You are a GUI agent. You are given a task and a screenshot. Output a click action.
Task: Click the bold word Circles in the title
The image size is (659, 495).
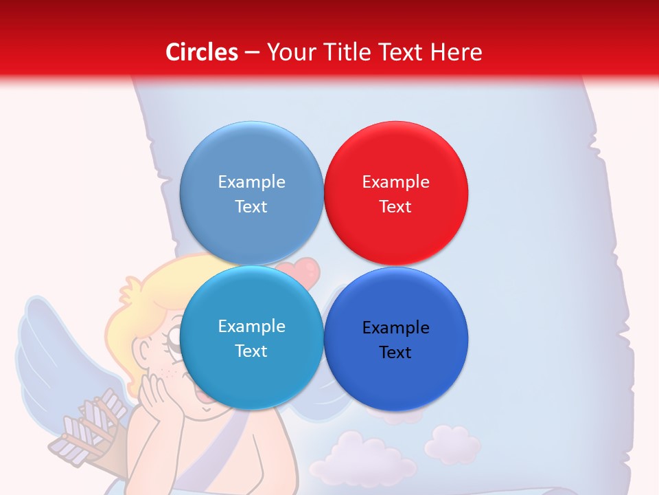pyautogui.click(x=202, y=52)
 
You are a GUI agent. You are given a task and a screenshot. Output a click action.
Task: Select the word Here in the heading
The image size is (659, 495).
pyautogui.click(x=456, y=52)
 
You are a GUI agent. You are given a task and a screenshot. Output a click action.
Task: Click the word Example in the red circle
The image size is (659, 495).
pyautogui.click(x=395, y=182)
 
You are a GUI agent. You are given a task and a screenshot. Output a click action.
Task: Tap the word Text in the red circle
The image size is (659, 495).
pyautogui.click(x=395, y=207)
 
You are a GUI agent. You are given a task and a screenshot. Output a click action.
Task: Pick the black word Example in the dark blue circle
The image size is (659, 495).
pyautogui.click(x=395, y=328)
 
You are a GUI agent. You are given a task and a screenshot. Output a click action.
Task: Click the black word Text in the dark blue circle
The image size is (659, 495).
pyautogui.click(x=395, y=353)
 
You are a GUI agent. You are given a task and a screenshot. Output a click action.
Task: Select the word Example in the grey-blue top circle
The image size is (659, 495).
pyautogui.click(x=251, y=182)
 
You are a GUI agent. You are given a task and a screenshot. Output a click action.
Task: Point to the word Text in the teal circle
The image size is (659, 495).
pyautogui.click(x=251, y=351)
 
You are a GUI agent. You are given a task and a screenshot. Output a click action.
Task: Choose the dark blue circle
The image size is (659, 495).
pyautogui.click(x=395, y=385)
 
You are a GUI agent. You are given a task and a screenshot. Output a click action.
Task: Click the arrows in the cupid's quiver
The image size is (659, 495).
pyautogui.click(x=93, y=423)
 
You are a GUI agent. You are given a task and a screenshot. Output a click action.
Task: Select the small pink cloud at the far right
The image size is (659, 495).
pyautogui.click(x=452, y=443)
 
